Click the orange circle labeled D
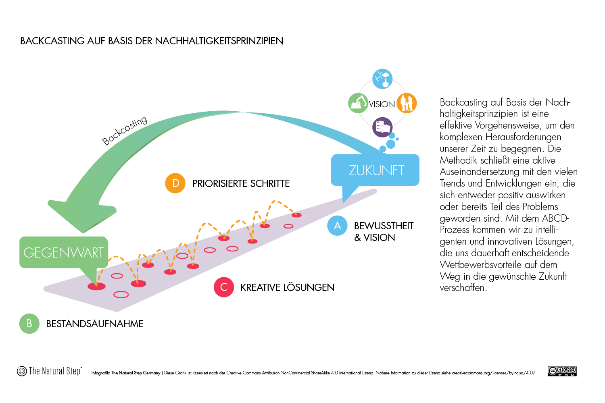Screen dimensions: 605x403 175,183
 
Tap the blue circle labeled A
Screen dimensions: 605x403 337,226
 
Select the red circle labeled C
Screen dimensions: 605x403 223,287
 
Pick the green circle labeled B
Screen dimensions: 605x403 29,324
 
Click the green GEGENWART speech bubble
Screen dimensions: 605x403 64,252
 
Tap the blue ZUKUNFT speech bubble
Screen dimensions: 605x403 375,170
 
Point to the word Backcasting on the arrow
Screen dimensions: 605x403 125,130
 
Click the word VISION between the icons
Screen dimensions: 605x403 382,104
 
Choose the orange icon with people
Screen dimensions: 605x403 407,103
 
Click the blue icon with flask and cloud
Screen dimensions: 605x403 382,79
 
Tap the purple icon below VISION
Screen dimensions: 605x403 382,127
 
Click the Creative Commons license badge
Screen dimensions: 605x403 562,371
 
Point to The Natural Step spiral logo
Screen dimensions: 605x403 22,371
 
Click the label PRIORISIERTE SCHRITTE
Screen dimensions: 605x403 241,183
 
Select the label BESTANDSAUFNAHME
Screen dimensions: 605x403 94,324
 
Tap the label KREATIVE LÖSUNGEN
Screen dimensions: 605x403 287,287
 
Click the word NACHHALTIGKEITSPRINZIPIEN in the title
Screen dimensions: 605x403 219,41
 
